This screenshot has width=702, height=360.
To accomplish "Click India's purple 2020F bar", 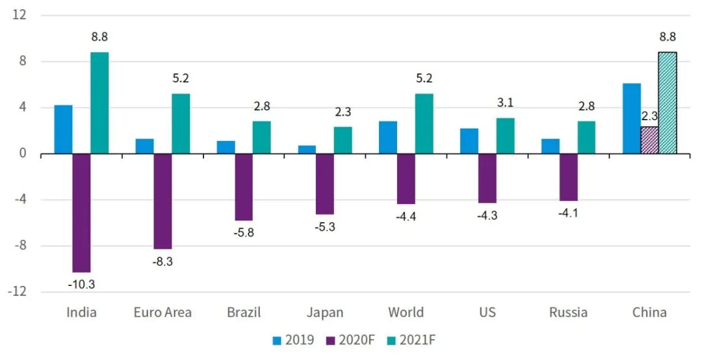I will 81,212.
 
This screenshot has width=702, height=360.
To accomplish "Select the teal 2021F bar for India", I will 99,103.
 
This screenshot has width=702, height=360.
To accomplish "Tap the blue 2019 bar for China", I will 632,118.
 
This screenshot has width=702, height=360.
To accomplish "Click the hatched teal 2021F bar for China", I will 668,103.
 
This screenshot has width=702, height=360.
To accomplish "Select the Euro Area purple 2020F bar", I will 162,201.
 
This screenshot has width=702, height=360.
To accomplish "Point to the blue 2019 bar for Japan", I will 307,149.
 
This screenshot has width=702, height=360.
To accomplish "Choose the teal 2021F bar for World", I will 424,123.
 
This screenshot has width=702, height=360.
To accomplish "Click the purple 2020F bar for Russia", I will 568,177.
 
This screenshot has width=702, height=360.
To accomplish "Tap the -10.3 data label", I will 81,285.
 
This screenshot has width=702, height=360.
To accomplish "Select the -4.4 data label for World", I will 406,216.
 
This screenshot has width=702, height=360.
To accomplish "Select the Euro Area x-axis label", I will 162,313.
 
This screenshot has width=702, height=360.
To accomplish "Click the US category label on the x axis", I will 487,313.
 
